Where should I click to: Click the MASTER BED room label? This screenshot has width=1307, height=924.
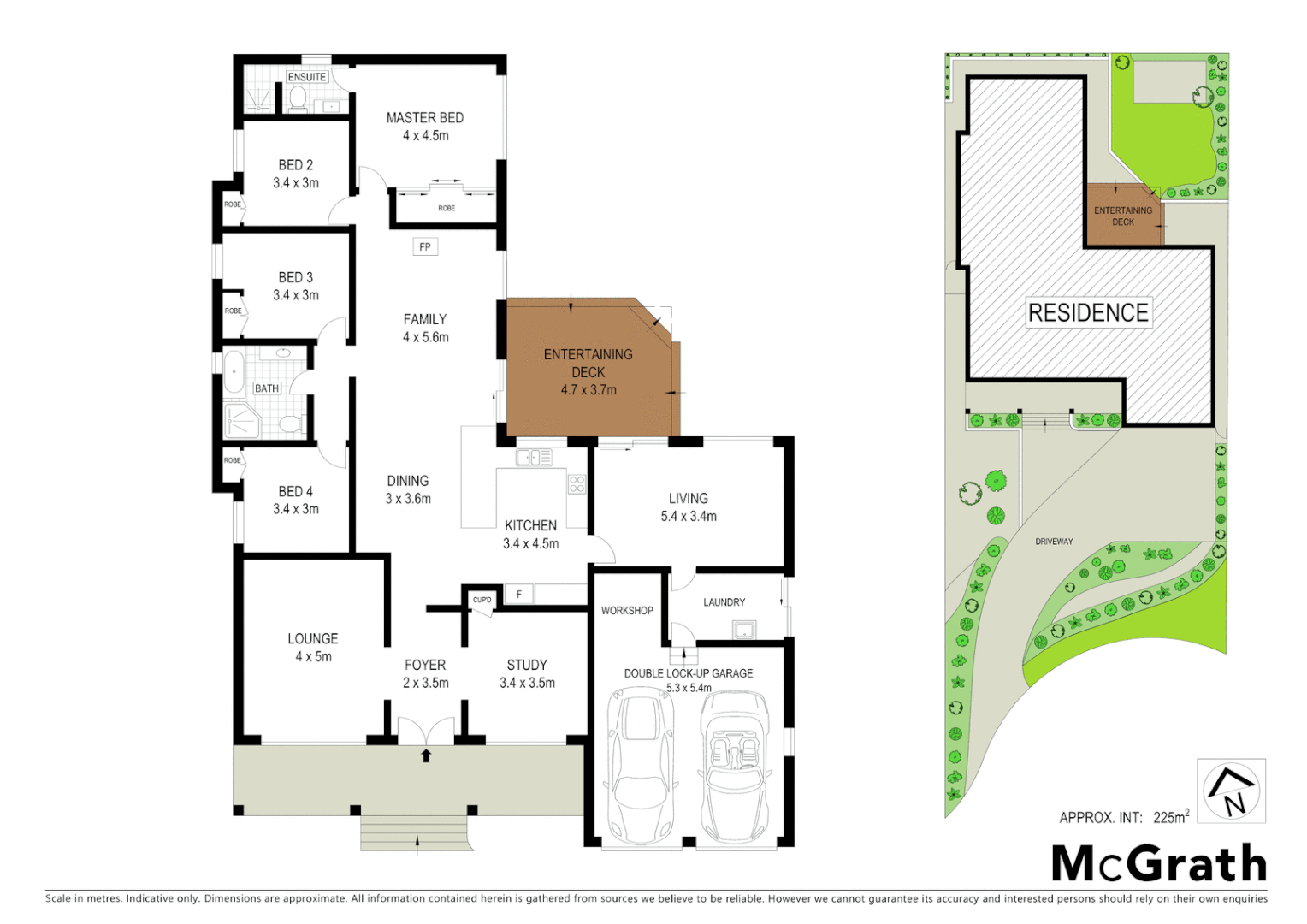(424, 118)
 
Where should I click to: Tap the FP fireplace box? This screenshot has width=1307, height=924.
(425, 247)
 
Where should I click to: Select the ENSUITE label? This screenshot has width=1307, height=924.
(306, 77)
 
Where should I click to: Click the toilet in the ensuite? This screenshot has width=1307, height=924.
(298, 100)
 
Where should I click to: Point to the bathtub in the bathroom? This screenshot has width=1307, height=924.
(234, 373)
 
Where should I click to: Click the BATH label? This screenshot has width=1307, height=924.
(267, 388)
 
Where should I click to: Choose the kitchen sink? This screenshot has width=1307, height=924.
(534, 458)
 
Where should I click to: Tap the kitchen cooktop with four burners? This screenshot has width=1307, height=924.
(577, 484)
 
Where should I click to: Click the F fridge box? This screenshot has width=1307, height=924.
(518, 595)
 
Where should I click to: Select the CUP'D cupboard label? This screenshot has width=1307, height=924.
(482, 600)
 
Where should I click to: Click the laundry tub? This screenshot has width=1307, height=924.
(743, 631)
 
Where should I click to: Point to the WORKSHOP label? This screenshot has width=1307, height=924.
(627, 611)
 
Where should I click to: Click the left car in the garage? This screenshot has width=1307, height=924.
(641, 767)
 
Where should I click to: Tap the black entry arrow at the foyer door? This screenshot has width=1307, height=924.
(426, 755)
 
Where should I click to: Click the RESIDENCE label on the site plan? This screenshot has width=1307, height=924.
(1088, 313)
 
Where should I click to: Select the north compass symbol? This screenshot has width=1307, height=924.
(1231, 791)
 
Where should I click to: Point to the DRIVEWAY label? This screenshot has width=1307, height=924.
(1054, 542)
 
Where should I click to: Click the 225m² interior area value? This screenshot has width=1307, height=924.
(1171, 817)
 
